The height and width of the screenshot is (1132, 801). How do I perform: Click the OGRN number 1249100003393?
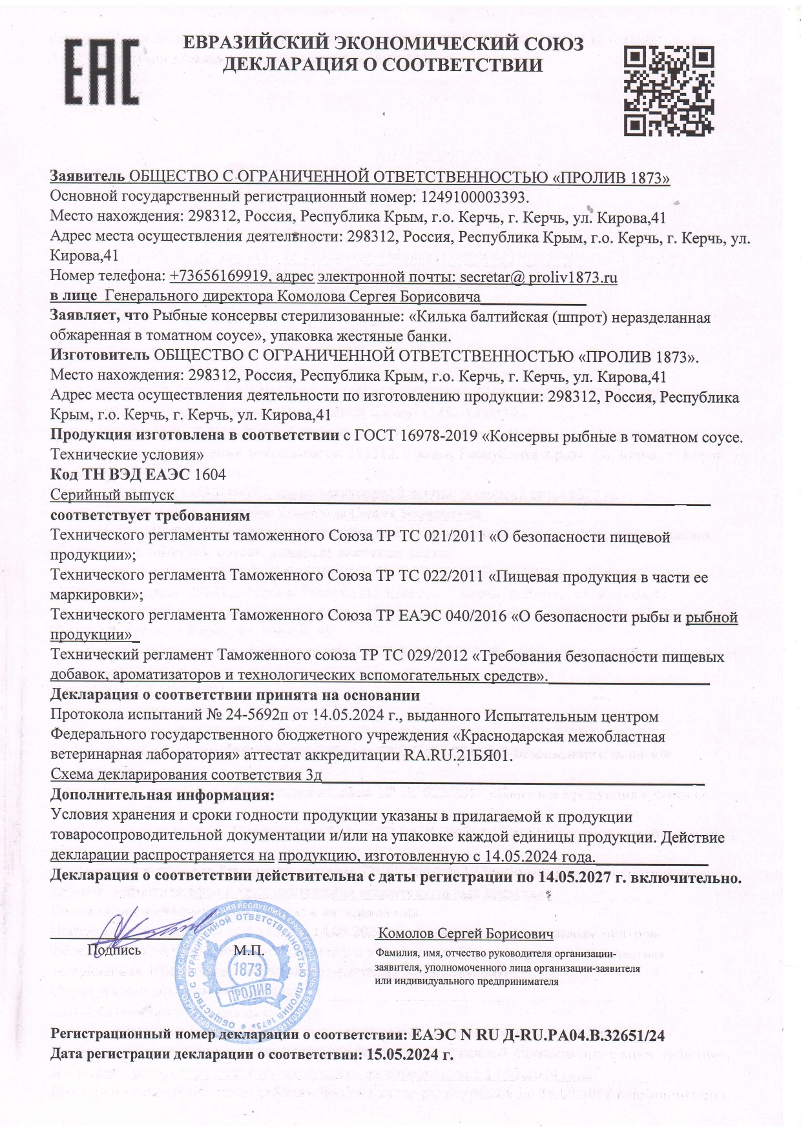(474, 196)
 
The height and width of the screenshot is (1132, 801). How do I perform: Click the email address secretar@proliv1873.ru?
(538, 278)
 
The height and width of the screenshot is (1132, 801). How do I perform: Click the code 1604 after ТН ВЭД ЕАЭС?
(210, 475)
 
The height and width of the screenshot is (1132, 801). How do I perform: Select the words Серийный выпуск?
(112, 496)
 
